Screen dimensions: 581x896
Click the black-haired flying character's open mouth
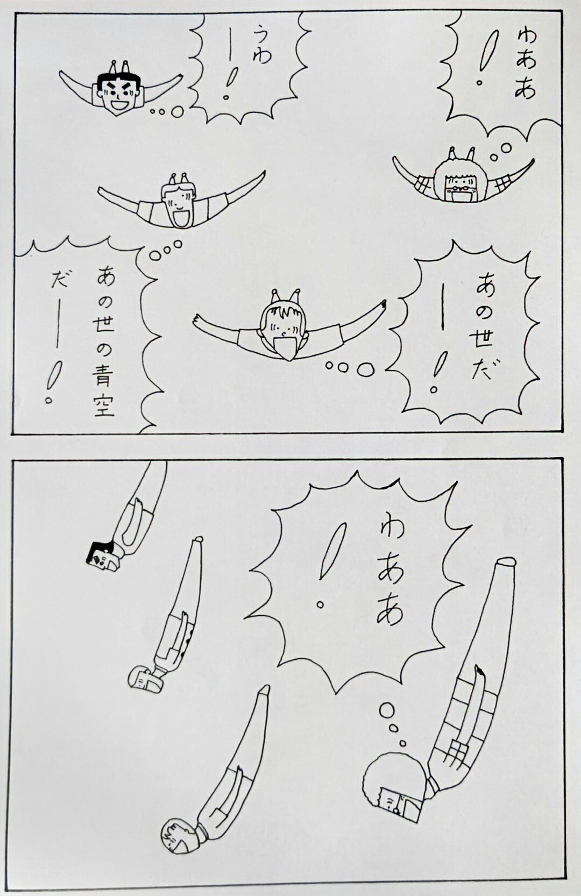coord(121,105)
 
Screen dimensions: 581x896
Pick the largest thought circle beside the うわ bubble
coord(177,111)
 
